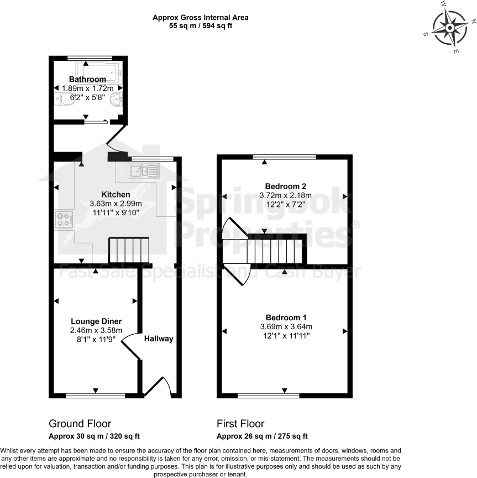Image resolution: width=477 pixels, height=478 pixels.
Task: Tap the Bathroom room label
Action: tap(87, 80)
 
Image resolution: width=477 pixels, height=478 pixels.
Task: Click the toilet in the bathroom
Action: tap(65, 100)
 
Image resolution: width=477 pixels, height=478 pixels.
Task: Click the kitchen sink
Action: tap(143, 171)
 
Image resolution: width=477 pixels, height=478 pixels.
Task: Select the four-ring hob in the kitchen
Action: tap(64, 220)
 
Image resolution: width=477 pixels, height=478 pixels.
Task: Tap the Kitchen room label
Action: tap(116, 195)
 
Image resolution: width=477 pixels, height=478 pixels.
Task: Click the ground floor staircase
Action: tap(129, 251)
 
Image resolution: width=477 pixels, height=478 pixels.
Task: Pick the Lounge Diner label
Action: tap(96, 321)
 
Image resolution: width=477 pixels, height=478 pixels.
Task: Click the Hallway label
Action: tap(159, 339)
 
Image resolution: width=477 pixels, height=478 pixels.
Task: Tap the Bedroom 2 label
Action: tap(285, 186)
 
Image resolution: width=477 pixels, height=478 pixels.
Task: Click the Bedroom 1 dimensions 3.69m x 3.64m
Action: tap(285, 326)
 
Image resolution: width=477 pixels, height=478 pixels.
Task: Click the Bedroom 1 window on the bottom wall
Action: tap(268, 396)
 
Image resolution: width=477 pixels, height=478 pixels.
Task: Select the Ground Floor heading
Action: tap(80, 424)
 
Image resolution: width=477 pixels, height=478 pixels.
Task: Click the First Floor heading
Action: tap(240, 424)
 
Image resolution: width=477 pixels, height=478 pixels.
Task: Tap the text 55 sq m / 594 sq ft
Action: tap(200, 26)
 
